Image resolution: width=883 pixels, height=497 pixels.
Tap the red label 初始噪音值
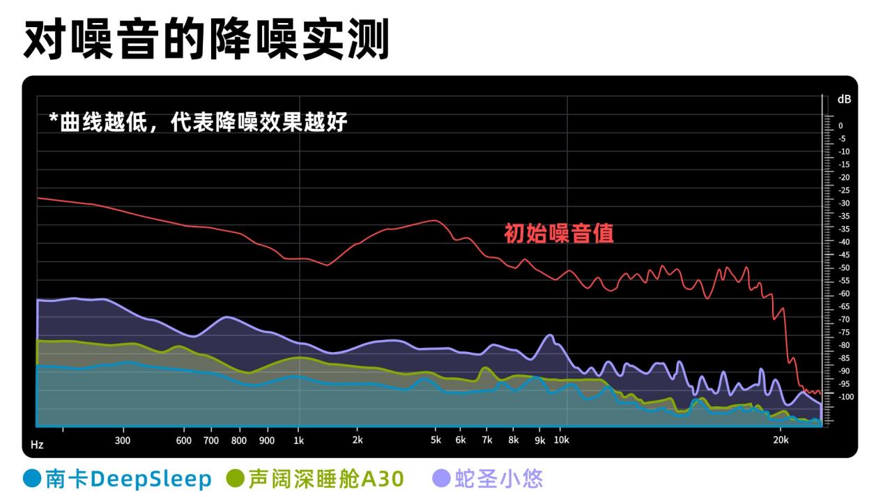click(x=558, y=233)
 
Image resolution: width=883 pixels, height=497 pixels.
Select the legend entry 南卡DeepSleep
click(x=128, y=479)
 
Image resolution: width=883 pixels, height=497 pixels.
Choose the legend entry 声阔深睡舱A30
click(x=325, y=479)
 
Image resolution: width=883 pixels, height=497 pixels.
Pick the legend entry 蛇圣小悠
click(x=498, y=479)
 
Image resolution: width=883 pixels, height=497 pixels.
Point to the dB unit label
click(x=844, y=100)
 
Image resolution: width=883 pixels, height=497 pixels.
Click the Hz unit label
click(x=37, y=444)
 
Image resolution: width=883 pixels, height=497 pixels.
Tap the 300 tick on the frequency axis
click(x=123, y=441)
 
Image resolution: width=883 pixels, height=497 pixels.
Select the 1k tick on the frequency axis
click(x=299, y=441)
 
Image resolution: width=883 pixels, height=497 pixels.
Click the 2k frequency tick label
click(x=357, y=441)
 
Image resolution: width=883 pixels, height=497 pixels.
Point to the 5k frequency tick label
click(x=436, y=441)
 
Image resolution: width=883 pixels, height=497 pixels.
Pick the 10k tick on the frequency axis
click(x=561, y=441)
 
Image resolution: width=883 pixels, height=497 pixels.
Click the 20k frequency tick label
click(x=781, y=441)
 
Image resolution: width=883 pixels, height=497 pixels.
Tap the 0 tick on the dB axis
click(x=840, y=126)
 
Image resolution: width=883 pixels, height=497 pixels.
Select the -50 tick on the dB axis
click(x=843, y=268)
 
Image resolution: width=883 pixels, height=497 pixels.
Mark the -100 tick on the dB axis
click(x=845, y=397)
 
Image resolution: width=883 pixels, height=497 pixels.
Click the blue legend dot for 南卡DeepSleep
click(x=32, y=479)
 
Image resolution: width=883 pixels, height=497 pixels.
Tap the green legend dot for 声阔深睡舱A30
click(x=236, y=479)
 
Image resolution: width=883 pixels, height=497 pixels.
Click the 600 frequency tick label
click(x=184, y=441)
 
